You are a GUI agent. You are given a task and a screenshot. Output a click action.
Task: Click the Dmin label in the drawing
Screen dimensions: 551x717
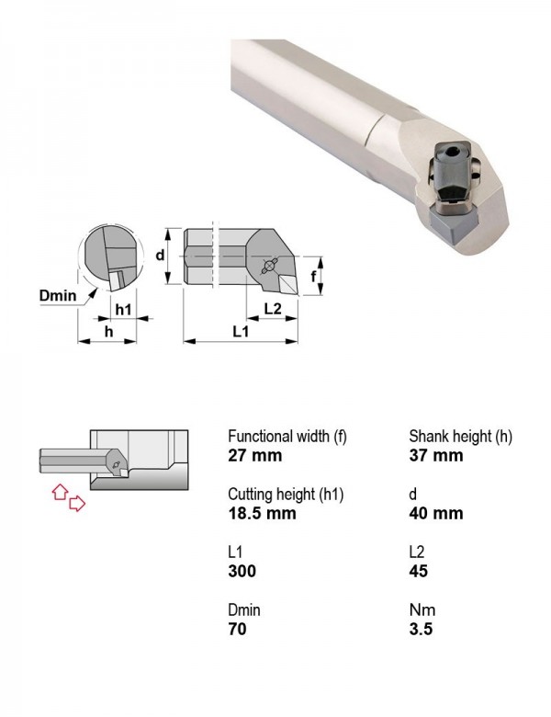click(x=58, y=295)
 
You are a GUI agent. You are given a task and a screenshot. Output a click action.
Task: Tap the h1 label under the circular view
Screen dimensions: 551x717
click(x=123, y=310)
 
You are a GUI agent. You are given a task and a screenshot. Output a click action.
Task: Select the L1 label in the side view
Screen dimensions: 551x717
click(x=241, y=331)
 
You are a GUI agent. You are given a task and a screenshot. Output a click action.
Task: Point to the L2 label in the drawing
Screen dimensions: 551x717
click(x=273, y=309)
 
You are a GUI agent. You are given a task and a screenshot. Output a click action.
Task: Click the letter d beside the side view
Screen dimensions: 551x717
click(x=160, y=255)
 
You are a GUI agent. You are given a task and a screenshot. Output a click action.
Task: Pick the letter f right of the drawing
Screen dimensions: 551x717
click(x=313, y=276)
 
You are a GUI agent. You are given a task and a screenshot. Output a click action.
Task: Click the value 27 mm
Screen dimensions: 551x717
click(x=255, y=455)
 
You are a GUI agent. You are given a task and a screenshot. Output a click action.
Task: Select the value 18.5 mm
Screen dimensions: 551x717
click(x=263, y=513)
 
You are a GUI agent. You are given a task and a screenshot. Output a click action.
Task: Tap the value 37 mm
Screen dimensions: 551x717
click(x=436, y=455)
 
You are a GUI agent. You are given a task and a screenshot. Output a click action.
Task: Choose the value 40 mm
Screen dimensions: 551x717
click(x=436, y=513)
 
